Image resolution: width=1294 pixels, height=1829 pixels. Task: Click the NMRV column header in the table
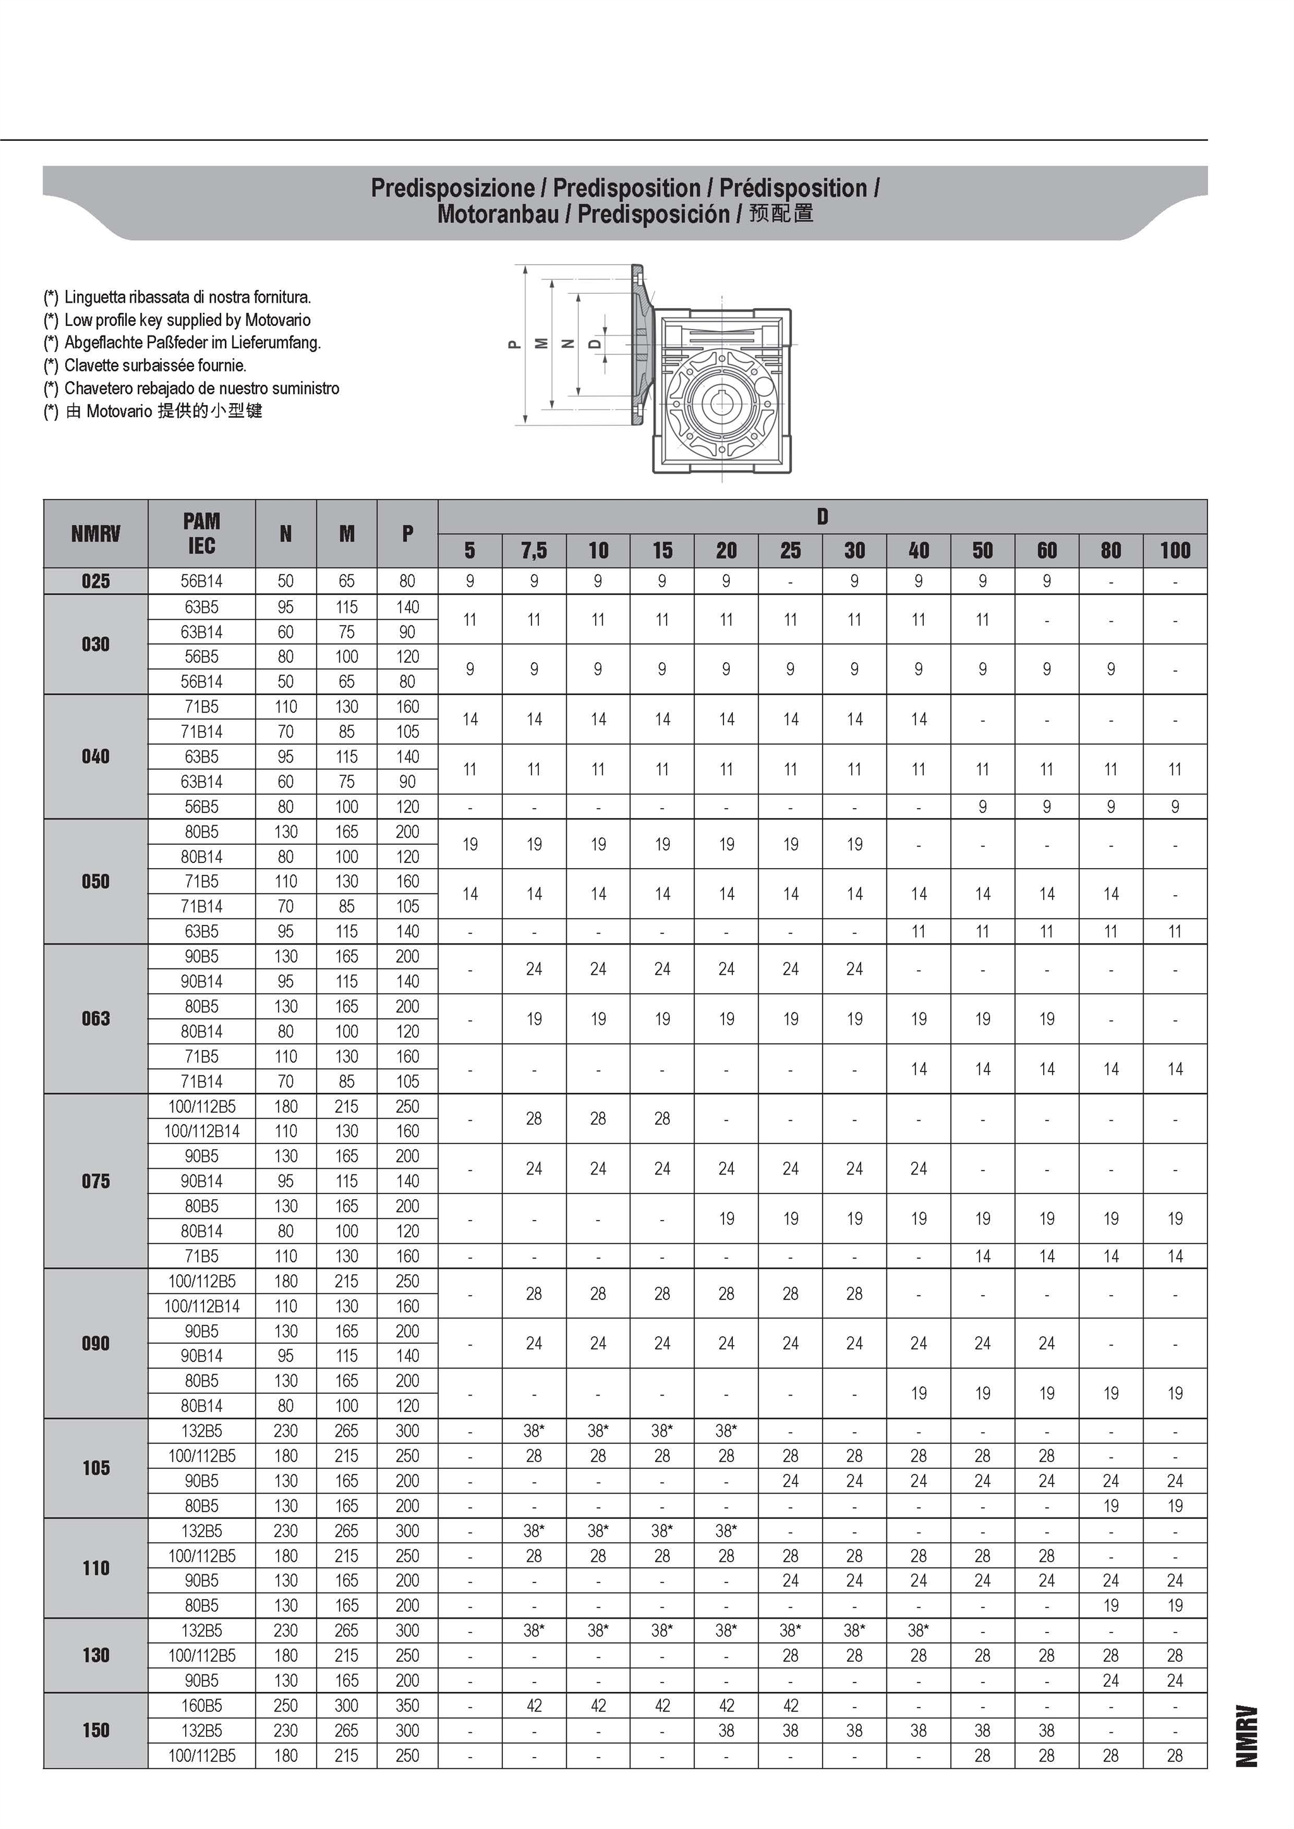click(95, 534)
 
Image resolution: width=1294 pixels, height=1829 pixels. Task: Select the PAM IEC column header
click(202, 534)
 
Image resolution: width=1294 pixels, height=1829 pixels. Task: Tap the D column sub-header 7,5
click(534, 550)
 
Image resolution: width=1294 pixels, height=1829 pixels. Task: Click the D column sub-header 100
click(1175, 550)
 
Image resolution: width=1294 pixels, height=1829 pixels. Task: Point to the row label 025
click(95, 581)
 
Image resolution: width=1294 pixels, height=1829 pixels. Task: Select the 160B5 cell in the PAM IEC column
click(202, 1706)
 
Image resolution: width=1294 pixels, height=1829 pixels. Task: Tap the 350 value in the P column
click(407, 1706)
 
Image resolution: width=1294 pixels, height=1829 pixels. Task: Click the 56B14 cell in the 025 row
click(202, 581)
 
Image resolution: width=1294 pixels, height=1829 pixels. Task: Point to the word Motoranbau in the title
click(498, 214)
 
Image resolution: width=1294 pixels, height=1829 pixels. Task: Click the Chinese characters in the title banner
click(781, 214)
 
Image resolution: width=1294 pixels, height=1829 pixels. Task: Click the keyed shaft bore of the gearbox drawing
click(722, 402)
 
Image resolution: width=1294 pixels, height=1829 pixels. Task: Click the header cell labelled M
click(347, 534)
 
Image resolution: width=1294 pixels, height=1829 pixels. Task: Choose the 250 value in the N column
click(285, 1706)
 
